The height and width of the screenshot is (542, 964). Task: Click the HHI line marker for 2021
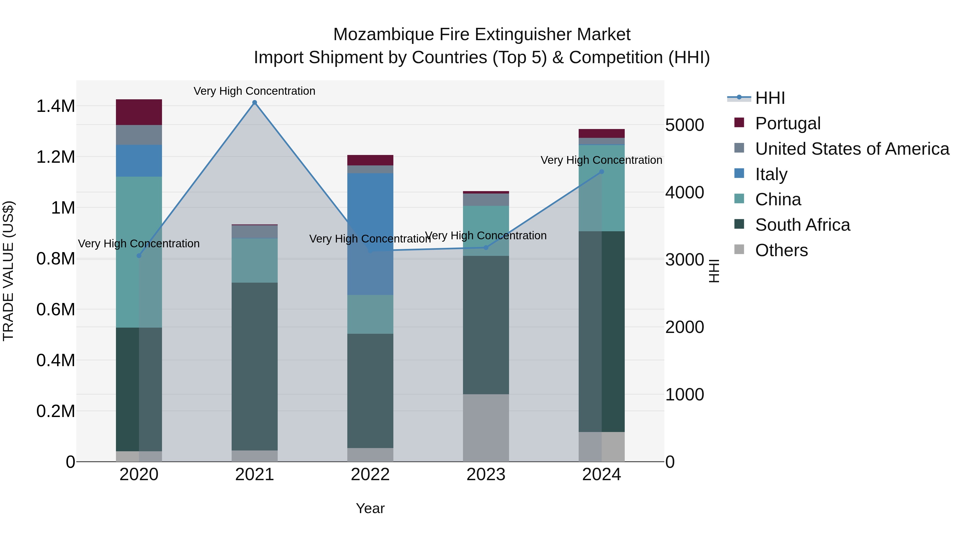click(254, 103)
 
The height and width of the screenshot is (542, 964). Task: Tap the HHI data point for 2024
click(601, 172)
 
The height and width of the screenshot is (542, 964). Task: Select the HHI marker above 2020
click(139, 256)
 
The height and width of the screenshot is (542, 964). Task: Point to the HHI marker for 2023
click(486, 247)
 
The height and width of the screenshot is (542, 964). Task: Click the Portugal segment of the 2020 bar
click(139, 112)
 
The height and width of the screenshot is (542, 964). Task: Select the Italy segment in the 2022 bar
click(370, 234)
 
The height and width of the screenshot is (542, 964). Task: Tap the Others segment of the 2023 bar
click(486, 427)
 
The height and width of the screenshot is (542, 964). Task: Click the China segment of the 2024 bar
click(601, 188)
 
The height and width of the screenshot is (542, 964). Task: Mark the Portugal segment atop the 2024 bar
click(601, 133)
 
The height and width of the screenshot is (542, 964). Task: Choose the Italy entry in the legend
click(771, 174)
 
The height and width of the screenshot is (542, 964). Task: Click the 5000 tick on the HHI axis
click(684, 125)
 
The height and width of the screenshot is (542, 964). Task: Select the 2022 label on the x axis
click(370, 475)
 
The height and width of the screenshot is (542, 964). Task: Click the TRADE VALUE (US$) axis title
click(8, 271)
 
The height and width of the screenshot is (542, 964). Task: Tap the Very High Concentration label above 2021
click(254, 91)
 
